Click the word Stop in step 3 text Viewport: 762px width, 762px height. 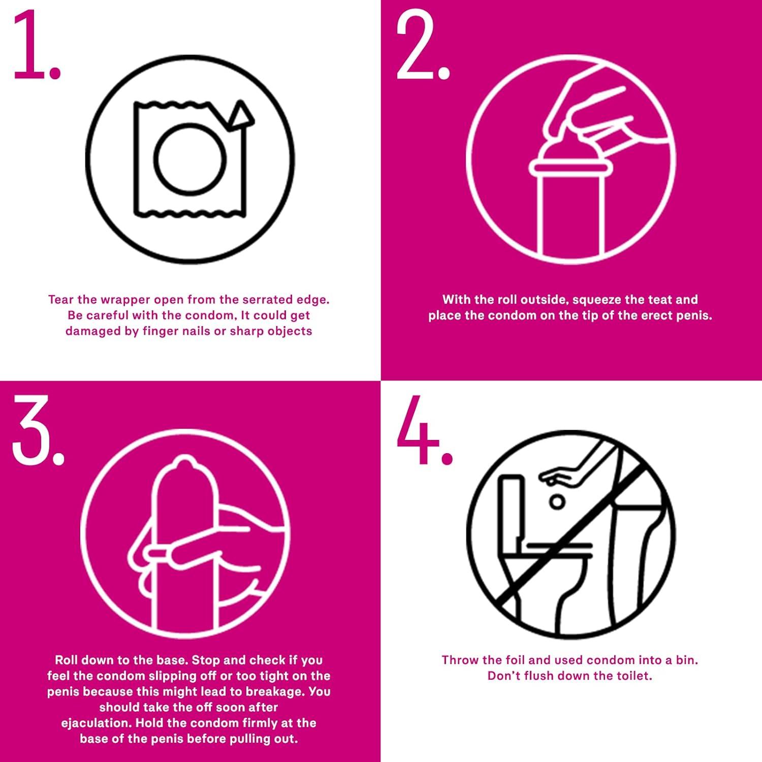207,661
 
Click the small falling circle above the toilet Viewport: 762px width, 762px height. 558,502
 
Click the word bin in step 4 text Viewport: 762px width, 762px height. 687,660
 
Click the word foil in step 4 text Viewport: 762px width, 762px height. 515,660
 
